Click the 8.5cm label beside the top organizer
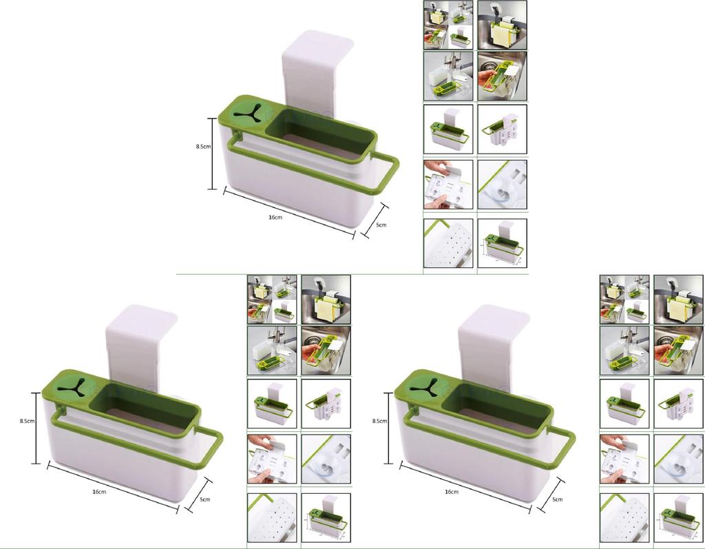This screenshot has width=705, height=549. [x=203, y=146]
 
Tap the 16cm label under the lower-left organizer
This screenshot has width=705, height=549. [x=99, y=492]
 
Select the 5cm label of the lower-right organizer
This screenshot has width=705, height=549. [x=557, y=499]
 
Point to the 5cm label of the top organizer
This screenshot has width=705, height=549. [x=381, y=225]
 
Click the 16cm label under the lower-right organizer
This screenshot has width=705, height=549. [x=452, y=492]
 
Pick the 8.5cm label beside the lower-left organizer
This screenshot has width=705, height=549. [x=27, y=421]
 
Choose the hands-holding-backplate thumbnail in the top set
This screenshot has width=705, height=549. [x=448, y=185]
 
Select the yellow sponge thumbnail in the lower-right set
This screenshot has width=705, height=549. [x=678, y=300]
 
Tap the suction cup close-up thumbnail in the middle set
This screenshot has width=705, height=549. [x=326, y=459]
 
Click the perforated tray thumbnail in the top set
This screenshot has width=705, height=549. [x=448, y=243]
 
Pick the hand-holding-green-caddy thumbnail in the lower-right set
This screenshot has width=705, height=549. [x=678, y=351]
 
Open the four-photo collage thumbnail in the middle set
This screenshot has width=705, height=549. [x=272, y=300]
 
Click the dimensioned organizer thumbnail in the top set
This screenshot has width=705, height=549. [x=502, y=243]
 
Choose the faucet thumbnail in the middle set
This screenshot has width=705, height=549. [x=272, y=351]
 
